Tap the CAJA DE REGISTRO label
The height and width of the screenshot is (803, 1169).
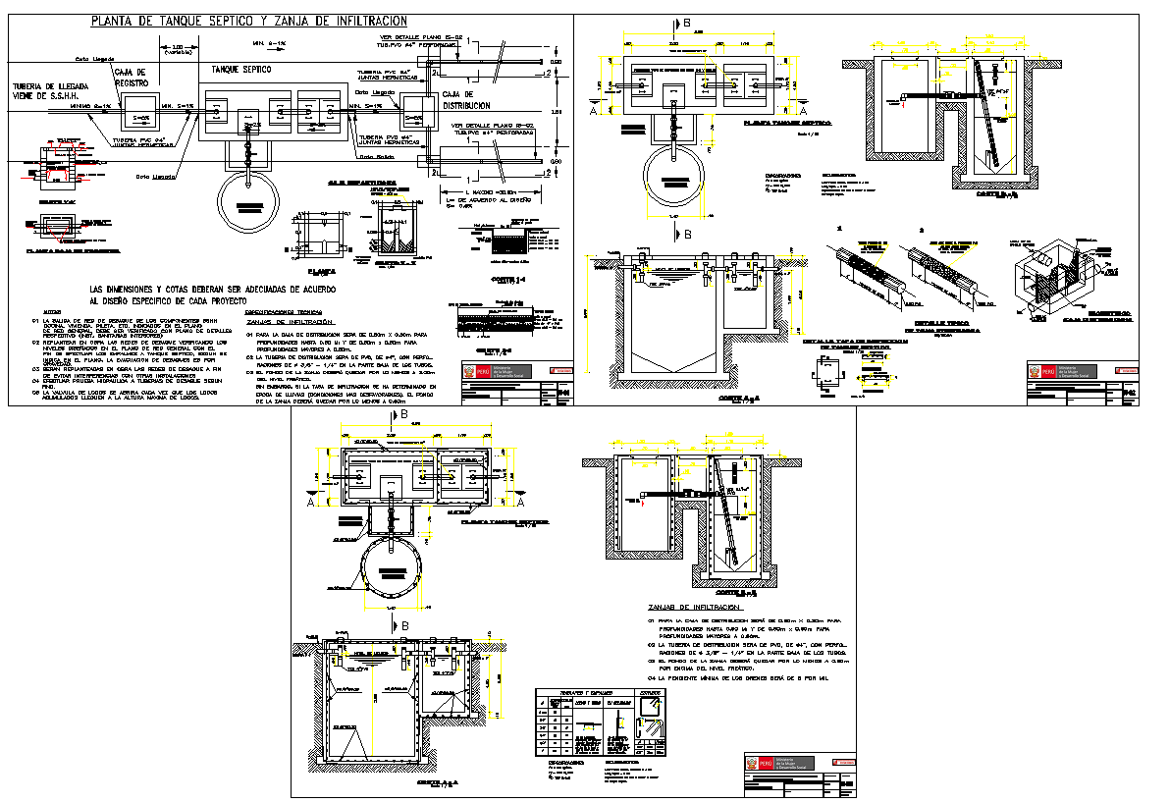tap(131, 78)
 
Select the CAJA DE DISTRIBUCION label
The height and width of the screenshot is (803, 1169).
tap(466, 99)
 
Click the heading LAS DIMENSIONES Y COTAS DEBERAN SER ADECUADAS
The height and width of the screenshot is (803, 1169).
tap(213, 291)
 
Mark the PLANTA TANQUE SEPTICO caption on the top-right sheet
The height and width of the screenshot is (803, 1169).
tap(785, 123)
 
